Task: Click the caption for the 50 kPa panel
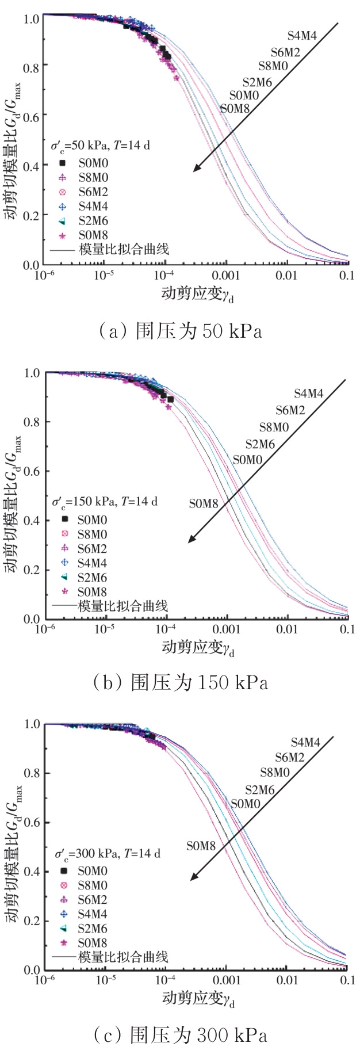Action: pyautogui.click(x=181, y=331)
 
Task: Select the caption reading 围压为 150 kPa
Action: pyautogui.click(x=181, y=682)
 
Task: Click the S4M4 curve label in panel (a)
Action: pyautogui.click(x=302, y=36)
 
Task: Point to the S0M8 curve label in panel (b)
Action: pyautogui.click(x=204, y=504)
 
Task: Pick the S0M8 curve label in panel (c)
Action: pyautogui.click(x=201, y=846)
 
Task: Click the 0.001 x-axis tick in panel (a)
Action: pyautogui.click(x=226, y=276)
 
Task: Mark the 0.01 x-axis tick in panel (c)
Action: pyautogui.click(x=286, y=980)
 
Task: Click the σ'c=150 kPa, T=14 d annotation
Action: pyautogui.click(x=105, y=502)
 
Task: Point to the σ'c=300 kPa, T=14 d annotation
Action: pyautogui.click(x=107, y=854)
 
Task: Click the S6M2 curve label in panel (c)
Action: pyautogui.click(x=290, y=758)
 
